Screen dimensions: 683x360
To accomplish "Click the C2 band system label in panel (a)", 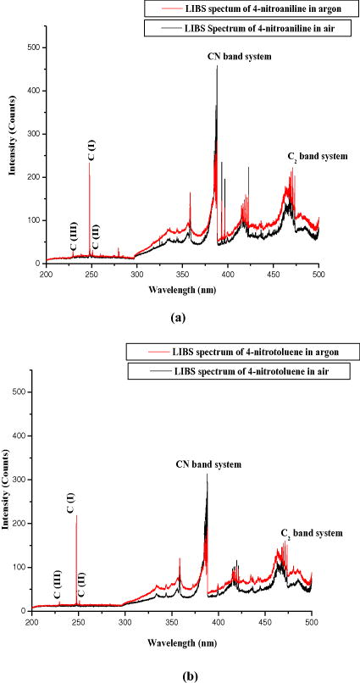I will coord(317,157).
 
